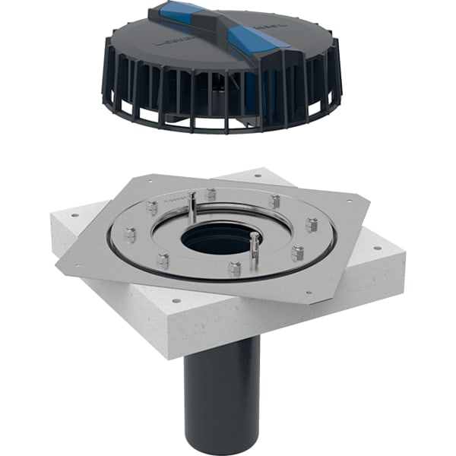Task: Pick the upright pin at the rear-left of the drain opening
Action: click(193, 206)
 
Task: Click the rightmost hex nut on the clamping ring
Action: click(311, 225)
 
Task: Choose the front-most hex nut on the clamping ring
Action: click(235, 269)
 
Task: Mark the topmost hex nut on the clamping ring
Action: click(211, 194)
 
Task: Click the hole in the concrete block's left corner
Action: click(75, 215)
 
